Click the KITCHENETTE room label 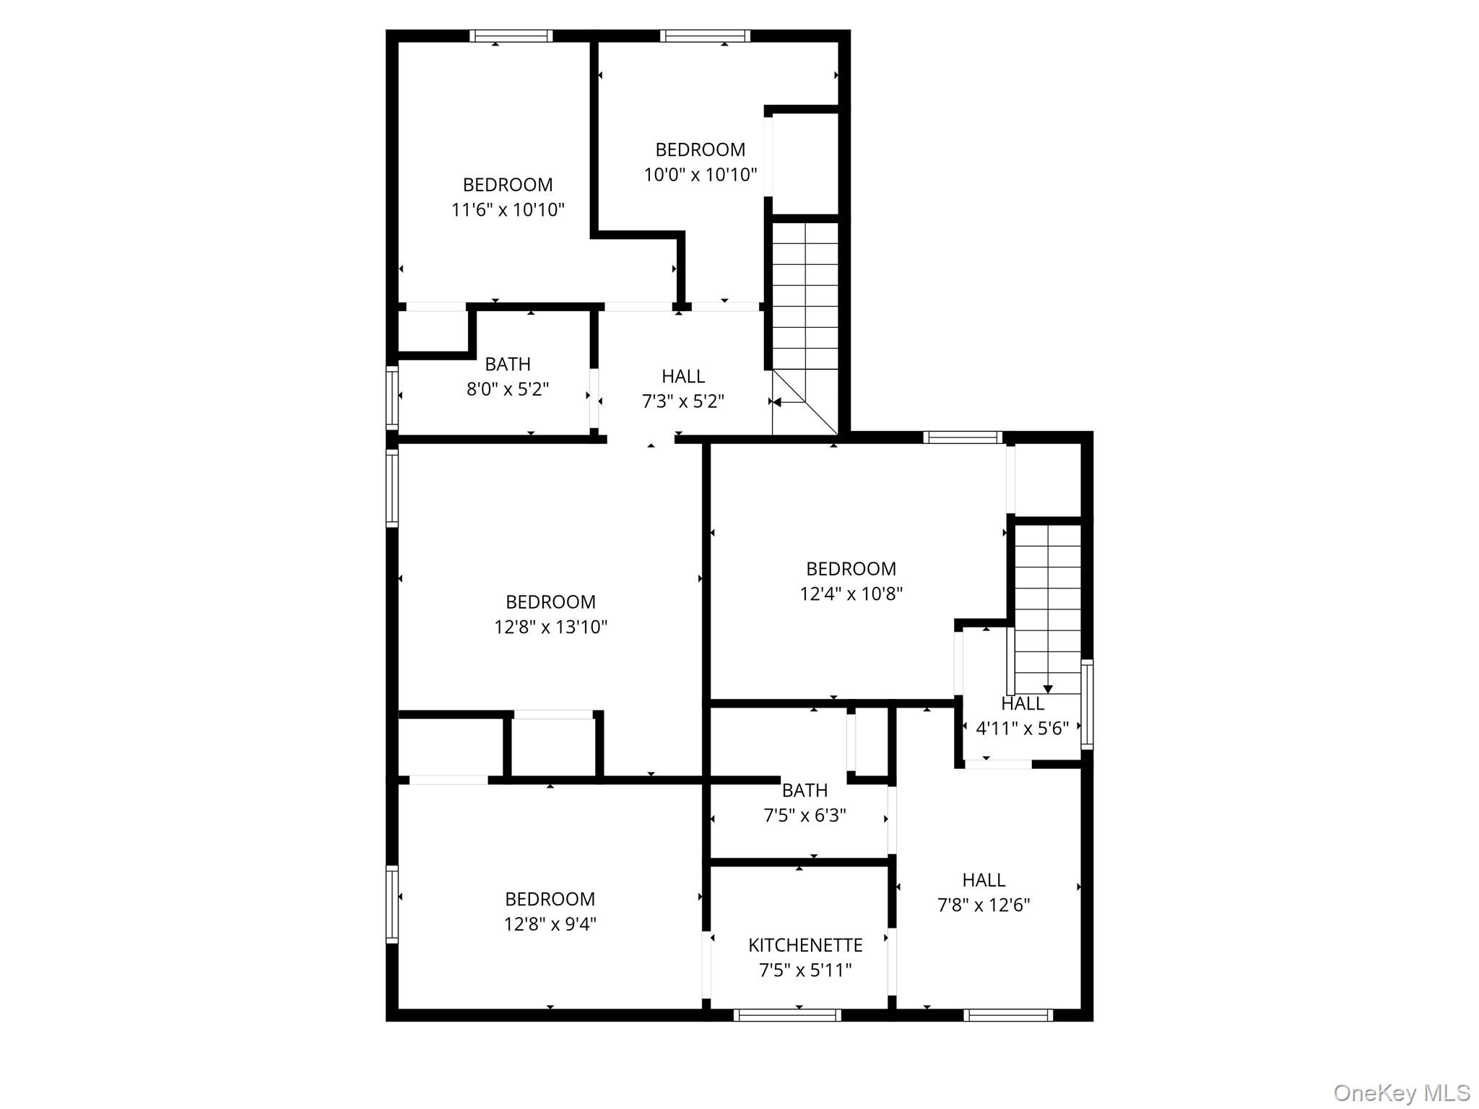805,945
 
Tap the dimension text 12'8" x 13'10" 550,627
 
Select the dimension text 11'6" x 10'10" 508,210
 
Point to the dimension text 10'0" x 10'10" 700,175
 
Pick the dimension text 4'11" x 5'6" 1022,729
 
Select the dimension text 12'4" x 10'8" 851,593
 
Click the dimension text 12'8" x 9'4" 550,924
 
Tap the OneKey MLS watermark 1401,1092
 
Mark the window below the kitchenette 787,1015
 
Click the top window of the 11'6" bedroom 511,36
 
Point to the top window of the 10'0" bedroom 705,36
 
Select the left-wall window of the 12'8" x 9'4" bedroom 392,904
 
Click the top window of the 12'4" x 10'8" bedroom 963,437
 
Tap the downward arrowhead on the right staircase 1048,690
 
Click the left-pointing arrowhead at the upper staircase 776,402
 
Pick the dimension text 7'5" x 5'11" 805,970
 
